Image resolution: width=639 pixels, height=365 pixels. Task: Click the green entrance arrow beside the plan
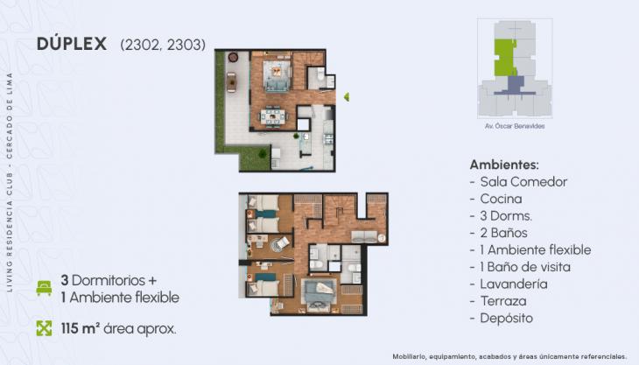click(347, 96)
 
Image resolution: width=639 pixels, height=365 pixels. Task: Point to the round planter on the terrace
click(233, 58)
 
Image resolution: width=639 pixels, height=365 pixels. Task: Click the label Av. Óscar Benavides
click(514, 126)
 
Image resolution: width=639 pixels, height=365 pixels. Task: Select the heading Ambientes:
click(504, 164)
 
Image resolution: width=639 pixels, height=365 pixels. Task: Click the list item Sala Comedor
click(519, 182)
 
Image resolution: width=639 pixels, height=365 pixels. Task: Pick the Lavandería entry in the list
click(513, 284)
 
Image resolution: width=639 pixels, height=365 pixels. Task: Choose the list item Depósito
click(507, 318)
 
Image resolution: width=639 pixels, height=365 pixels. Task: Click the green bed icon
click(44, 288)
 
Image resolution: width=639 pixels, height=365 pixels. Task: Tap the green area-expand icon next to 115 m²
click(44, 328)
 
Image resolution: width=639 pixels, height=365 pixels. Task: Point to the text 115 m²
click(81, 328)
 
